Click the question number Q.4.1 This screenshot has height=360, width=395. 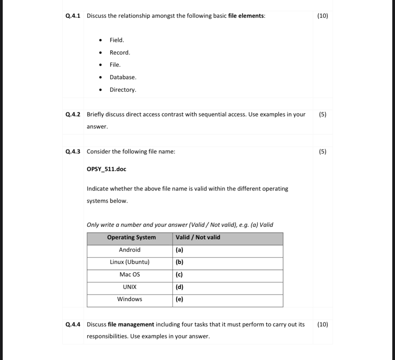click(73, 16)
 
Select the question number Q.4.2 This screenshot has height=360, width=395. click(73, 114)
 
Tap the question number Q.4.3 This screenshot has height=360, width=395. click(73, 152)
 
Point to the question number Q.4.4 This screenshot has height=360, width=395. click(73, 325)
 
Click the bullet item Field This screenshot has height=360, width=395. click(117, 40)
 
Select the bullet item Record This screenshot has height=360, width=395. click(120, 53)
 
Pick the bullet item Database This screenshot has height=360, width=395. click(123, 77)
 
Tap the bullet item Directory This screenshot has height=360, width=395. click(123, 90)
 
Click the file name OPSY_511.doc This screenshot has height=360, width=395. click(106, 169)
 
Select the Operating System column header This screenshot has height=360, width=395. click(131, 237)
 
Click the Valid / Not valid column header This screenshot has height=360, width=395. click(198, 237)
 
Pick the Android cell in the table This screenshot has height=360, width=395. click(130, 250)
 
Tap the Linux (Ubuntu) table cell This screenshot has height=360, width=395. click(130, 262)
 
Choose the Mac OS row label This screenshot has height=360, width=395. click(130, 275)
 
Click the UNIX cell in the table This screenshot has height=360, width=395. click(130, 287)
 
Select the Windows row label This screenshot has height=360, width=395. click(130, 299)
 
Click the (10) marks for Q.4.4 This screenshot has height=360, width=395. click(322, 325)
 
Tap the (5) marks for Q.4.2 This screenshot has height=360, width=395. click(322, 114)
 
